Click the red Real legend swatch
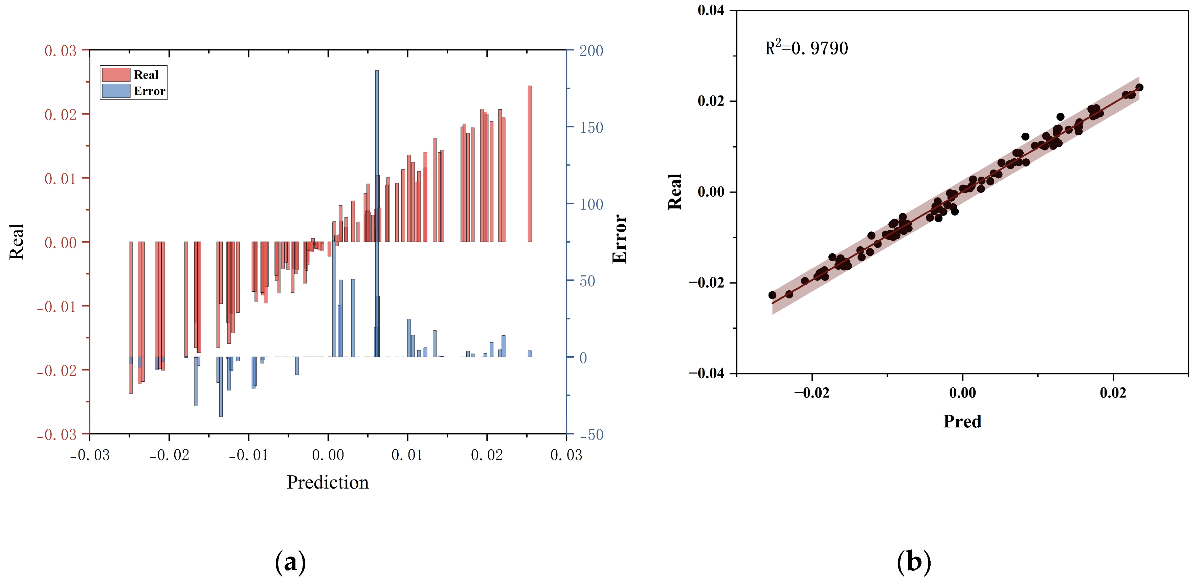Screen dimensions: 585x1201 [116, 74]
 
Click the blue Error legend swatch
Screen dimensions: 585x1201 [116, 91]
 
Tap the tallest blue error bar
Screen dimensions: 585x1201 [377, 186]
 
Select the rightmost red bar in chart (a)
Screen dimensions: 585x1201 [529, 163]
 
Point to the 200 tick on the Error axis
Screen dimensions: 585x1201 [591, 51]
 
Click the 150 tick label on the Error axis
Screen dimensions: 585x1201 [591, 128]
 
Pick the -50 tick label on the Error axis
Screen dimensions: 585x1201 [591, 435]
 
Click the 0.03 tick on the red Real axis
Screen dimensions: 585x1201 [61, 51]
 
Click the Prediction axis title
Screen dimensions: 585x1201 [328, 482]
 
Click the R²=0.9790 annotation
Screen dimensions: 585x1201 [806, 48]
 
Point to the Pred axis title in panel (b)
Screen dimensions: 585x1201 [962, 421]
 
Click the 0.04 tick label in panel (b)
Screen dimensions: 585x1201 [711, 10]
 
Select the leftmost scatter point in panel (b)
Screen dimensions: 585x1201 [772, 295]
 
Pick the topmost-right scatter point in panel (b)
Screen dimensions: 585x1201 [1139, 87]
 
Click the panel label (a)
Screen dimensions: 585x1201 [290, 562]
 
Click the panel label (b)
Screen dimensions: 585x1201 [913, 562]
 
